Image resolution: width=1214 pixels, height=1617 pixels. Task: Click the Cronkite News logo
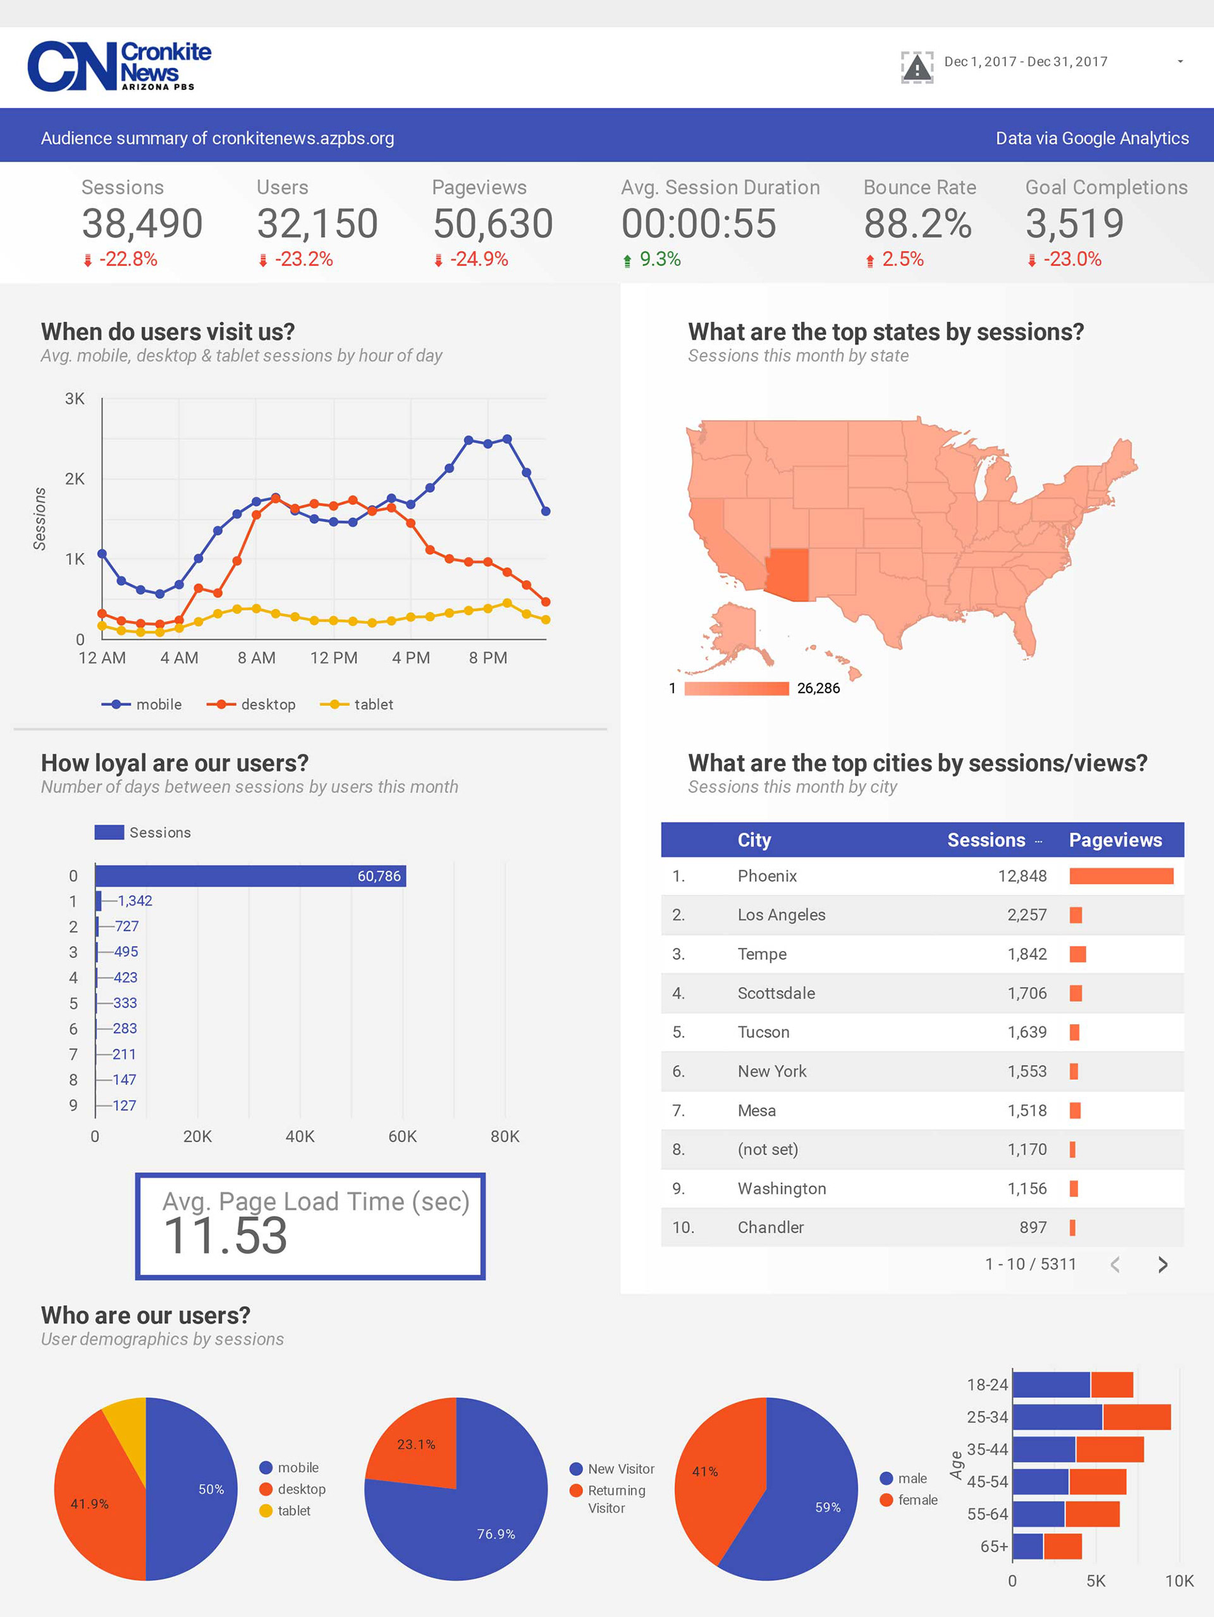tap(120, 66)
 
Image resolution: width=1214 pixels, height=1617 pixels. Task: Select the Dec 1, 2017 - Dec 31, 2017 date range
tap(1026, 62)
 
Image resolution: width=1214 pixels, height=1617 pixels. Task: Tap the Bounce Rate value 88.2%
tap(917, 224)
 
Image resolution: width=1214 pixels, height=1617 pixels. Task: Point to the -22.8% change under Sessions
tap(128, 260)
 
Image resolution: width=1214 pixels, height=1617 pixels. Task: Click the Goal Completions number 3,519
tap(1074, 224)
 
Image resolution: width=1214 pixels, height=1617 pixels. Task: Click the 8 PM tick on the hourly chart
tap(487, 658)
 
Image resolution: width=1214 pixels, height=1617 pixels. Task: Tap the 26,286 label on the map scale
tap(818, 689)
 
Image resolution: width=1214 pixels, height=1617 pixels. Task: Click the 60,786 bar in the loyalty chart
tap(250, 876)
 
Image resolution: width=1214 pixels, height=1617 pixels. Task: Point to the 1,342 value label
tap(135, 901)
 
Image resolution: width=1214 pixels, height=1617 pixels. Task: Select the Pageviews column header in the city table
tap(1115, 840)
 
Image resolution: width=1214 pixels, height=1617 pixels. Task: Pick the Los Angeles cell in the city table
tap(781, 915)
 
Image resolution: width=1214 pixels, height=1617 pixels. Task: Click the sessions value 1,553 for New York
tap(1027, 1072)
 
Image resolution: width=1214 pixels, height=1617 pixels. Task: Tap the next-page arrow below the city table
tap(1162, 1264)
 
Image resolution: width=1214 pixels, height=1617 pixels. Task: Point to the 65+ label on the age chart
tap(994, 1547)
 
